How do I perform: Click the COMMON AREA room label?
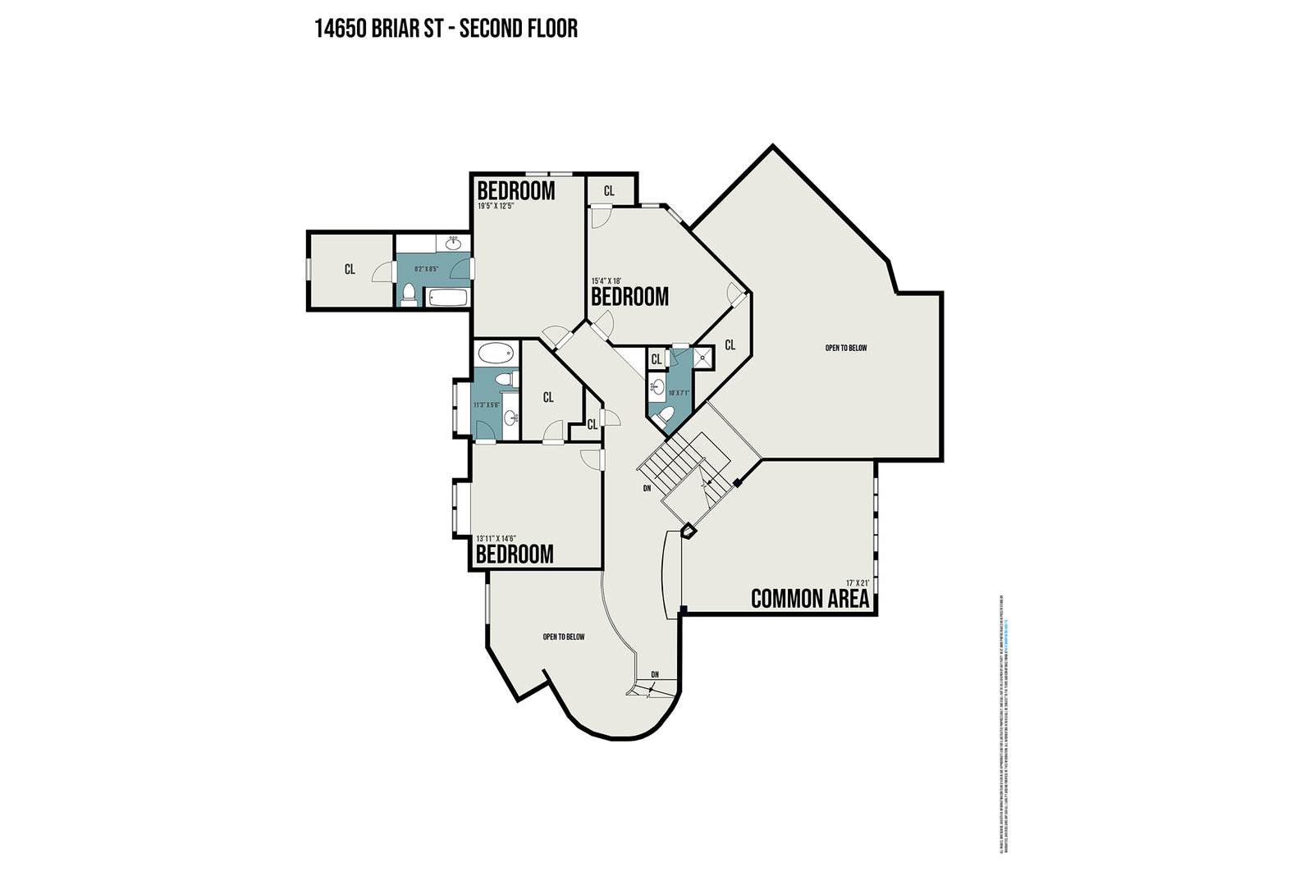coord(810,599)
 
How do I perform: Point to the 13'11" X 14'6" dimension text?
coord(496,538)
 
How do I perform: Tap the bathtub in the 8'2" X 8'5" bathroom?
coord(446,297)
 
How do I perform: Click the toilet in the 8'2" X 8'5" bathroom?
coord(408,293)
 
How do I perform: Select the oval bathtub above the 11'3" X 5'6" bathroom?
coord(496,354)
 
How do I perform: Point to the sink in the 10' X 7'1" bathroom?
coord(657,386)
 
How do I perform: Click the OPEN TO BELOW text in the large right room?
coord(846,348)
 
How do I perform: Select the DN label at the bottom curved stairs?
coord(655,675)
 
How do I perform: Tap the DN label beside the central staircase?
coord(647,488)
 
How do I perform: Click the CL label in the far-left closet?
coord(350,269)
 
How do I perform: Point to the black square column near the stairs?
coord(738,483)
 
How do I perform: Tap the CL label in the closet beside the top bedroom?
coord(609,191)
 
